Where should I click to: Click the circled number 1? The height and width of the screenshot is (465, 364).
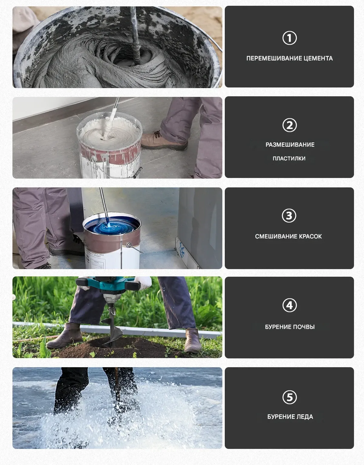click(289, 38)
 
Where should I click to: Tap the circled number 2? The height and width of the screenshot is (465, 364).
click(289, 125)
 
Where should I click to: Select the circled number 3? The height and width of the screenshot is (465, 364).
click(289, 215)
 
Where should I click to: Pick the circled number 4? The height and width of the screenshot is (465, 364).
click(289, 305)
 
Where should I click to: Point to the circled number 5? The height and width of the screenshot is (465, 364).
click(289, 397)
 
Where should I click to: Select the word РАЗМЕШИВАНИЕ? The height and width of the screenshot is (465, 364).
click(290, 145)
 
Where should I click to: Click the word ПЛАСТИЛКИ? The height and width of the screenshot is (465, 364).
click(289, 159)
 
